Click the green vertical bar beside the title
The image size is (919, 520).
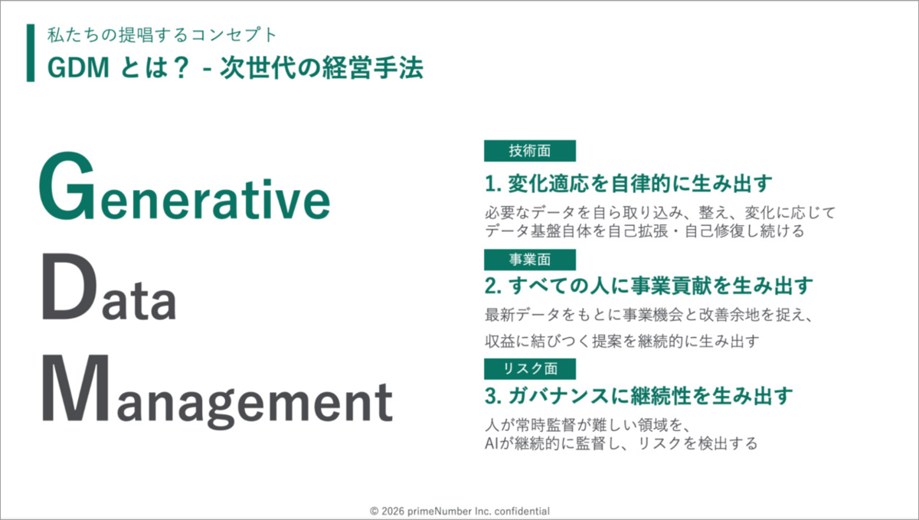(x=31, y=53)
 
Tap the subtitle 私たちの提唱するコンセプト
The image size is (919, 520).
(x=162, y=35)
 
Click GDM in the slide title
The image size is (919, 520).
(x=79, y=67)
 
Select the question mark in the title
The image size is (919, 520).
(x=180, y=67)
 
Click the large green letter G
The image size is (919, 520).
(x=67, y=186)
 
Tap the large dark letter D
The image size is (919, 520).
(x=70, y=286)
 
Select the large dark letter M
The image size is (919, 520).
(x=76, y=388)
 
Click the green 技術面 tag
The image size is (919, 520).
(x=530, y=151)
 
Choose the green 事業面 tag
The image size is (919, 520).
(x=530, y=260)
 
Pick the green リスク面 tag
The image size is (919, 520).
(x=530, y=368)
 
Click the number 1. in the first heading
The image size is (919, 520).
(x=493, y=184)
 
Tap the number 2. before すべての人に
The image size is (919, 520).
(x=493, y=286)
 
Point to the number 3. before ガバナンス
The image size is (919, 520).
(x=493, y=396)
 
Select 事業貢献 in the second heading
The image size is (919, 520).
(x=671, y=286)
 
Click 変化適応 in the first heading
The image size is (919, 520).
(x=548, y=184)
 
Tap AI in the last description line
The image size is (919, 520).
(x=491, y=443)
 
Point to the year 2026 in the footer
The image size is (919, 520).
(x=393, y=511)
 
